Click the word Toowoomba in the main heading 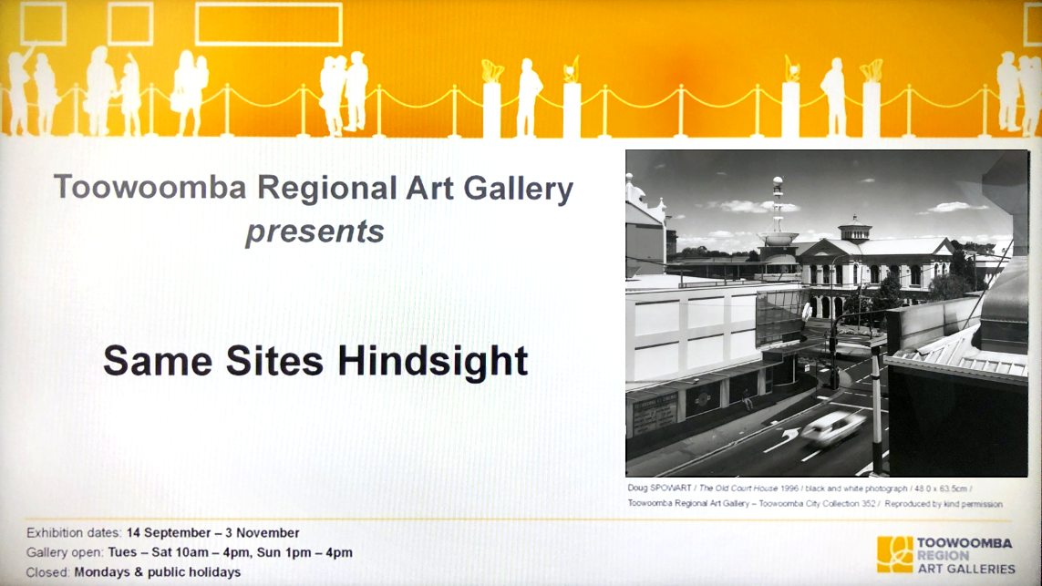(x=150, y=187)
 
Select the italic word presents (x=315, y=231)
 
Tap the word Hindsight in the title (x=433, y=362)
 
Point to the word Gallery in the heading (x=519, y=189)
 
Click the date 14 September (x=169, y=533)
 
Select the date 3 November (x=264, y=533)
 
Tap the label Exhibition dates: (x=74, y=533)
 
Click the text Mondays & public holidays (x=158, y=572)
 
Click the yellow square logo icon (x=894, y=554)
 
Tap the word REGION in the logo (x=943, y=555)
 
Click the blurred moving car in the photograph (x=833, y=428)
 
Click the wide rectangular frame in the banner (x=268, y=25)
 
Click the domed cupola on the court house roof (x=854, y=230)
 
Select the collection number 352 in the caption (x=869, y=504)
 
